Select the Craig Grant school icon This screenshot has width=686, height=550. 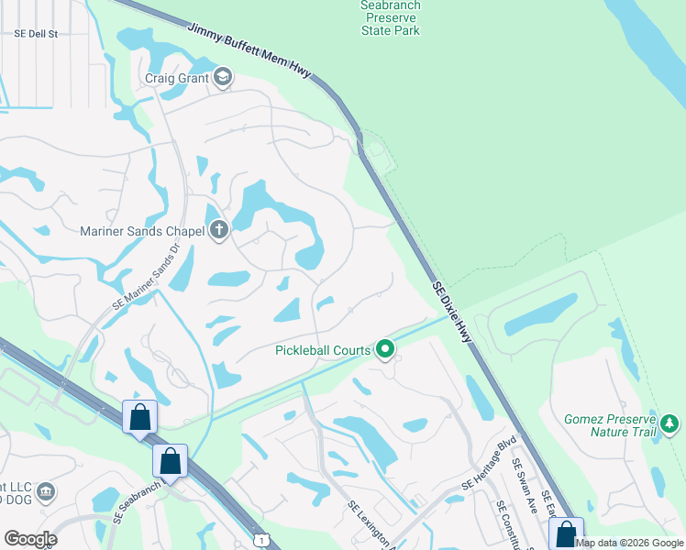[x=222, y=78]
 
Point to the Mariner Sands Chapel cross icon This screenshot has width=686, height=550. [x=218, y=230]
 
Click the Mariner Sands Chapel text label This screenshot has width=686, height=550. [x=142, y=231]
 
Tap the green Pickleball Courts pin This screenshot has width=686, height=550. [x=386, y=348]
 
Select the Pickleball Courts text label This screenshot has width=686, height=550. [x=323, y=349]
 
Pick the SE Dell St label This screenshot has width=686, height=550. [x=36, y=34]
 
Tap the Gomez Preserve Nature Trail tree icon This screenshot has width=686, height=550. [x=670, y=423]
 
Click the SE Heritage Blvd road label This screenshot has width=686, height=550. [x=490, y=467]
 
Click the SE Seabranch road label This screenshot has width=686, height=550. [x=138, y=502]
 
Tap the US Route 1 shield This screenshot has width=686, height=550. [x=262, y=541]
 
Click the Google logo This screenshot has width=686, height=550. [x=30, y=539]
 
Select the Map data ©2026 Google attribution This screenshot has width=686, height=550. [x=629, y=543]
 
